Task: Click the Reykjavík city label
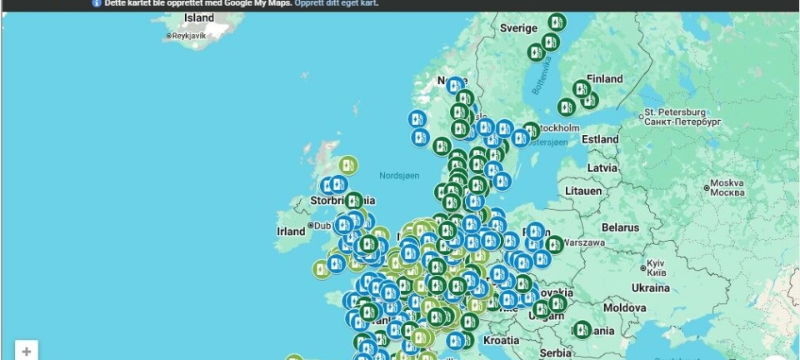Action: tap(191, 36)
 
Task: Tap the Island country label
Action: tap(198, 17)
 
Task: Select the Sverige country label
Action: tap(518, 27)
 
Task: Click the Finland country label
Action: tap(605, 79)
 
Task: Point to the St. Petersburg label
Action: tap(675, 112)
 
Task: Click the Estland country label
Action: tap(600, 139)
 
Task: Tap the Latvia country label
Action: tap(602, 167)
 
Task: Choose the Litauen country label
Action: tap(582, 191)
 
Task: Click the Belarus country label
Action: tap(620, 227)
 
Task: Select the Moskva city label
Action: tap(726, 183)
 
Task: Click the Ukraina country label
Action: tap(650, 287)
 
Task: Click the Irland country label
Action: tap(291, 231)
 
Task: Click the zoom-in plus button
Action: tap(27, 352)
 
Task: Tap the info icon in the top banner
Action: tap(97, 3)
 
